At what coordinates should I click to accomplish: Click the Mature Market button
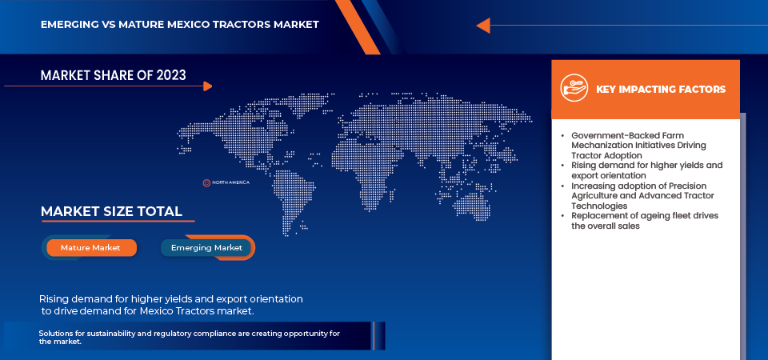pos(91,248)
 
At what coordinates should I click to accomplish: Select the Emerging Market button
pos(206,248)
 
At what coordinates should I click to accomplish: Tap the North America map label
pos(230,182)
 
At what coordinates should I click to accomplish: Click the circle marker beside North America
pos(206,182)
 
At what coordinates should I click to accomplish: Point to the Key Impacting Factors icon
pos(574,88)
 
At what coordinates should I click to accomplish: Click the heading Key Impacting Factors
pos(661,89)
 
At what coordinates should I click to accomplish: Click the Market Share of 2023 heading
pos(113,75)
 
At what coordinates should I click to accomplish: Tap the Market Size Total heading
pos(112,211)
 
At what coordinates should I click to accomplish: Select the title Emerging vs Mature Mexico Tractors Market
pos(180,24)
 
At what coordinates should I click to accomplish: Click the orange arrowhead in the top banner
pos(483,26)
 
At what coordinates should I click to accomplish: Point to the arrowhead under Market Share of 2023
pos(208,86)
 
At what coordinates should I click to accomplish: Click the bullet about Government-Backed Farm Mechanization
pos(639,145)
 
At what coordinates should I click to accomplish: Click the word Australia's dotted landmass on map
pos(470,206)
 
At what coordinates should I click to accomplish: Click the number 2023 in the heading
pos(171,75)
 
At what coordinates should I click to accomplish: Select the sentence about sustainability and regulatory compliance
pos(189,338)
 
